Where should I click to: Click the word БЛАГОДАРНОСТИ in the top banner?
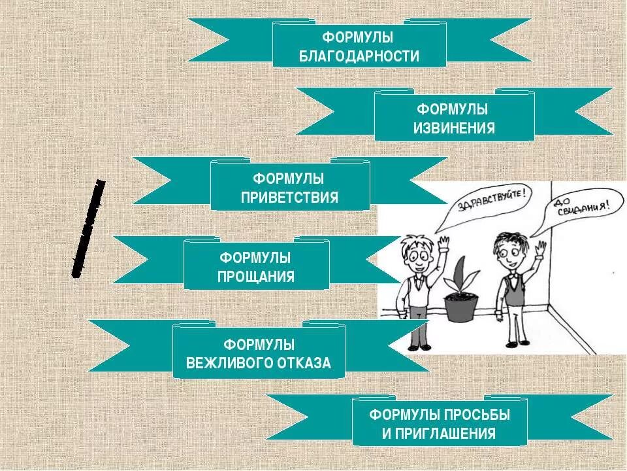pos(359,56)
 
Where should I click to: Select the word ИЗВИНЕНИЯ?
pos(454,128)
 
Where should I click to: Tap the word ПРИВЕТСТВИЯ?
pos(290,197)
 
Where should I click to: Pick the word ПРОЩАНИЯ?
pos(256,277)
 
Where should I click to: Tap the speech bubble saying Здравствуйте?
pos(487,203)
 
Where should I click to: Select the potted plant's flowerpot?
pos(461,306)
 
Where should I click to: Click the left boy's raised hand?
pos(444,243)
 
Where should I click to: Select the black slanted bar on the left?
pos(88,228)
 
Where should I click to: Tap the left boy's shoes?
pos(420,346)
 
